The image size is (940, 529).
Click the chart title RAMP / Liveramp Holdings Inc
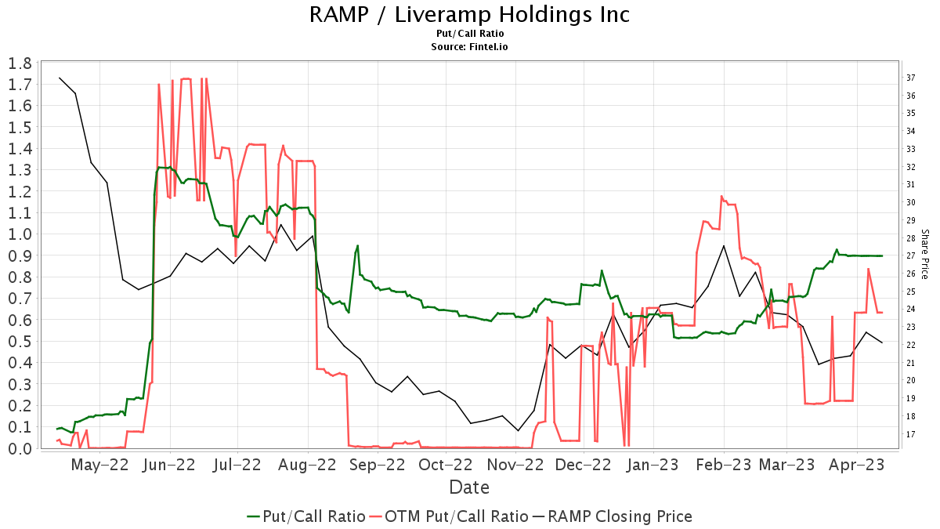[469, 14]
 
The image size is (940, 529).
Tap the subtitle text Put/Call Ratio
[469, 34]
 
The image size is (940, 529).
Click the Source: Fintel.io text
[469, 47]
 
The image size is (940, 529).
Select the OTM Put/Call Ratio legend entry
[449, 516]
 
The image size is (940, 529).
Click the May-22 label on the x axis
[99, 465]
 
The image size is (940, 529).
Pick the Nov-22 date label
[516, 465]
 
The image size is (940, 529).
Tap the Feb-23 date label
[724, 465]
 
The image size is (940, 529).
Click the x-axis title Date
[469, 487]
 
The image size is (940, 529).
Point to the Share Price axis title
[924, 255]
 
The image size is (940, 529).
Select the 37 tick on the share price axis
[911, 78]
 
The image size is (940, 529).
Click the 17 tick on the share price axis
[911, 434]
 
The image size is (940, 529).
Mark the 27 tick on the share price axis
[911, 255]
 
